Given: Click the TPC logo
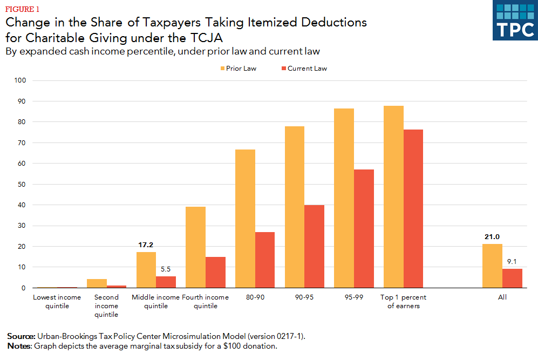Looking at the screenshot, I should pos(515,20).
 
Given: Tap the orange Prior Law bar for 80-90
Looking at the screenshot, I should pos(245,219).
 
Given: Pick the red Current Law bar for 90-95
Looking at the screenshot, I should pos(314,246).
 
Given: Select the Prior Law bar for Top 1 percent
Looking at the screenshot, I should pos(393,197).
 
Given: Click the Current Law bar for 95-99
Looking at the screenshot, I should pos(364,228).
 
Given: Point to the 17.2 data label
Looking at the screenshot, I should pos(146,245).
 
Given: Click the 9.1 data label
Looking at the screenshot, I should pos(512,262).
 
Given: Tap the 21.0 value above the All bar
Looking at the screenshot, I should pos(492,237).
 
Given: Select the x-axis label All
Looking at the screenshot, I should pos(502,297).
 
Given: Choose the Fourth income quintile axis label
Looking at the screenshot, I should pos(206,302).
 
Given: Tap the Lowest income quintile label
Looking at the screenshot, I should pos(57,302).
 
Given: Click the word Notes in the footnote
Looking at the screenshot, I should pos(18,346).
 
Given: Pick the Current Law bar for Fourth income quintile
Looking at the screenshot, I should pos(215,272).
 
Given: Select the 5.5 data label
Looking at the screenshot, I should pos(166,269).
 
